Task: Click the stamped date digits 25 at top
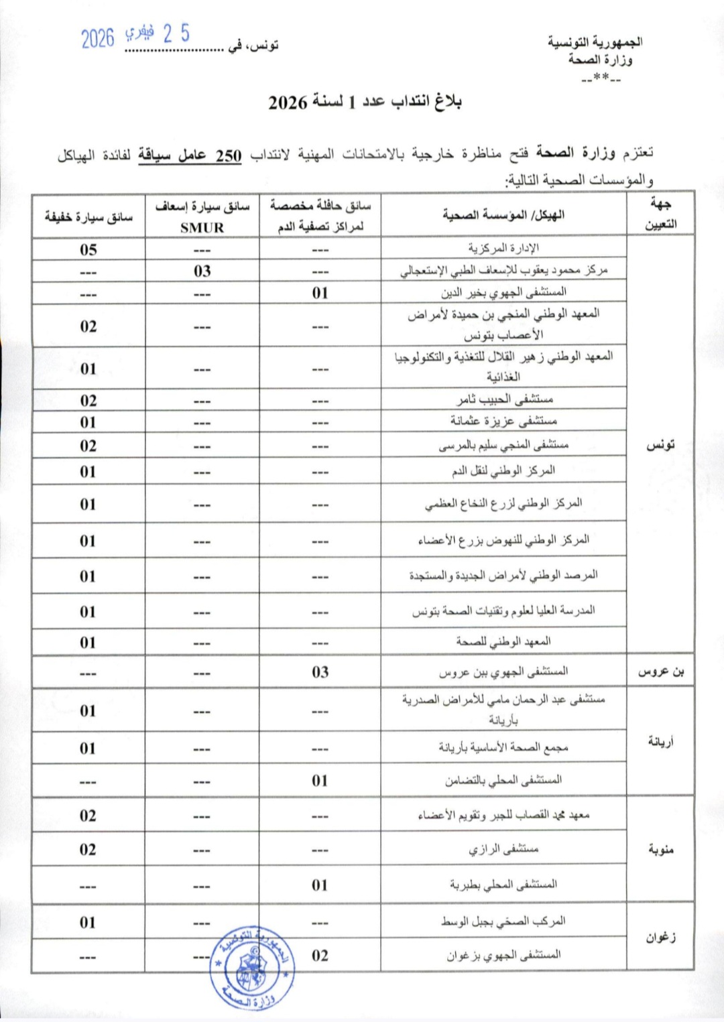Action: pyautogui.click(x=176, y=34)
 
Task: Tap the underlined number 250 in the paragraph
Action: pyautogui.click(x=229, y=155)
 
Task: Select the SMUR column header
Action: pyautogui.click(x=202, y=227)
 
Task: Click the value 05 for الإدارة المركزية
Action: pyautogui.click(x=88, y=249)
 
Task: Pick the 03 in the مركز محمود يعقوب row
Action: pyautogui.click(x=202, y=271)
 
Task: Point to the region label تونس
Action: pyautogui.click(x=660, y=446)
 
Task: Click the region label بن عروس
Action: pyautogui.click(x=660, y=672)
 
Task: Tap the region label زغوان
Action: pyautogui.click(x=660, y=937)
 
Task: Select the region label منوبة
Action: pyautogui.click(x=660, y=849)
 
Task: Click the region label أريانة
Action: pyautogui.click(x=660, y=741)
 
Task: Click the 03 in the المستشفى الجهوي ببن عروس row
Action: pyautogui.click(x=320, y=672)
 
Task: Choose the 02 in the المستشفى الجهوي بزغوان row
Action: pyautogui.click(x=320, y=956)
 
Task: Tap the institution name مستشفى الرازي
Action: pyautogui.click(x=503, y=849)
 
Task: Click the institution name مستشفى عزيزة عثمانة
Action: pyautogui.click(x=503, y=422)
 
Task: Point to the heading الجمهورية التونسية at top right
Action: pyautogui.click(x=595, y=42)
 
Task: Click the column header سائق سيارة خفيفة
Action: pyautogui.click(x=88, y=216)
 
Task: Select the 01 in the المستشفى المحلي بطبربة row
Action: pyautogui.click(x=320, y=885)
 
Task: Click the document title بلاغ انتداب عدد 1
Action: pyautogui.click(x=365, y=103)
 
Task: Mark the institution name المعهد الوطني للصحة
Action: pyautogui.click(x=503, y=642)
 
